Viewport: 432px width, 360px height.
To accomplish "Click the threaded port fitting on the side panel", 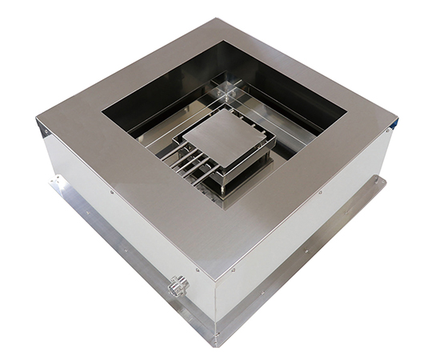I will click(x=178, y=284).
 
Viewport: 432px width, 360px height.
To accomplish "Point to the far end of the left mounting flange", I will click(x=54, y=182).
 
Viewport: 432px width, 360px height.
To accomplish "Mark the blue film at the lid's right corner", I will click(x=394, y=124).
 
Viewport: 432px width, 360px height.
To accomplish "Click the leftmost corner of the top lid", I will click(x=38, y=121).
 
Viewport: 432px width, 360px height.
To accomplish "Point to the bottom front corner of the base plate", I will click(x=214, y=342).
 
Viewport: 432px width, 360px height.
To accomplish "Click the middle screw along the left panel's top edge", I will click(x=111, y=191).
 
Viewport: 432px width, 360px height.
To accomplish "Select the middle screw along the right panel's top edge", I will click(x=320, y=192).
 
